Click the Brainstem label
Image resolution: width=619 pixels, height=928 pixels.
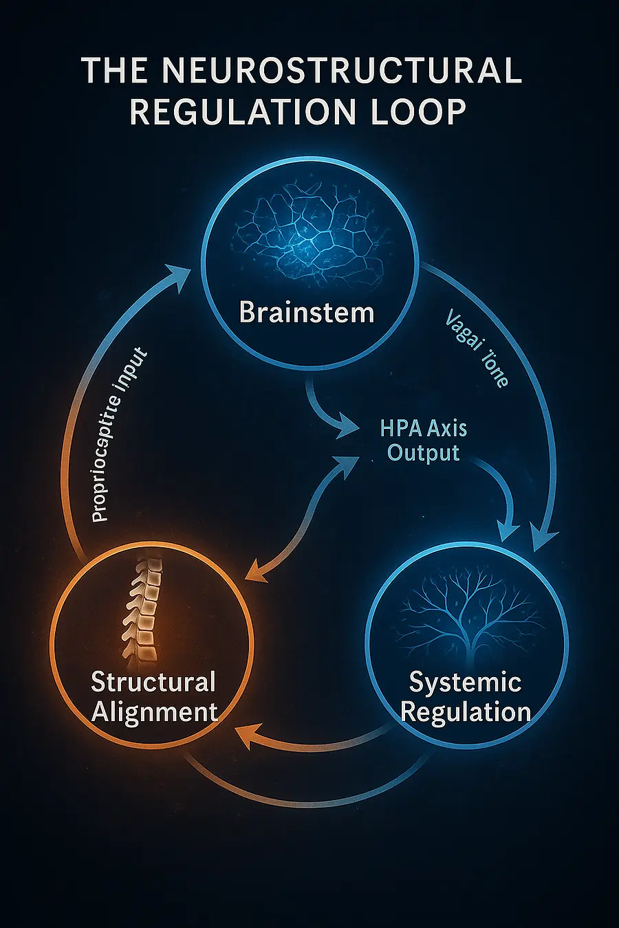pos(307,313)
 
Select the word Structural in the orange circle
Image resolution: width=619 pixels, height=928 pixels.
pos(153,682)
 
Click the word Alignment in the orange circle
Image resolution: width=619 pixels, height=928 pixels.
pos(155,711)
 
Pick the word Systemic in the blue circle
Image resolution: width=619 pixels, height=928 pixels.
pos(465,683)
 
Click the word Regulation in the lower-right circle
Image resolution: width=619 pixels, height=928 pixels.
pos(466,711)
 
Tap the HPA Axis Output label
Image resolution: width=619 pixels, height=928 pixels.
pos(423,441)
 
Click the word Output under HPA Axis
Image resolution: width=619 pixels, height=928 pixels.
pos(423,454)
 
